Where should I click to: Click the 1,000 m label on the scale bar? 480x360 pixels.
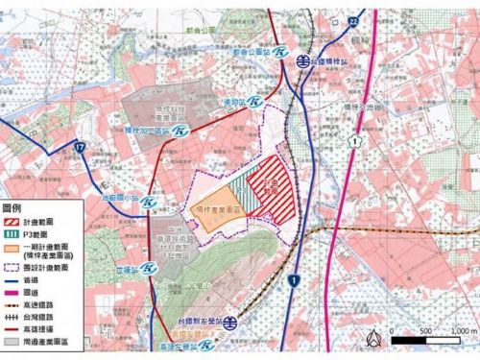click(459, 330)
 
